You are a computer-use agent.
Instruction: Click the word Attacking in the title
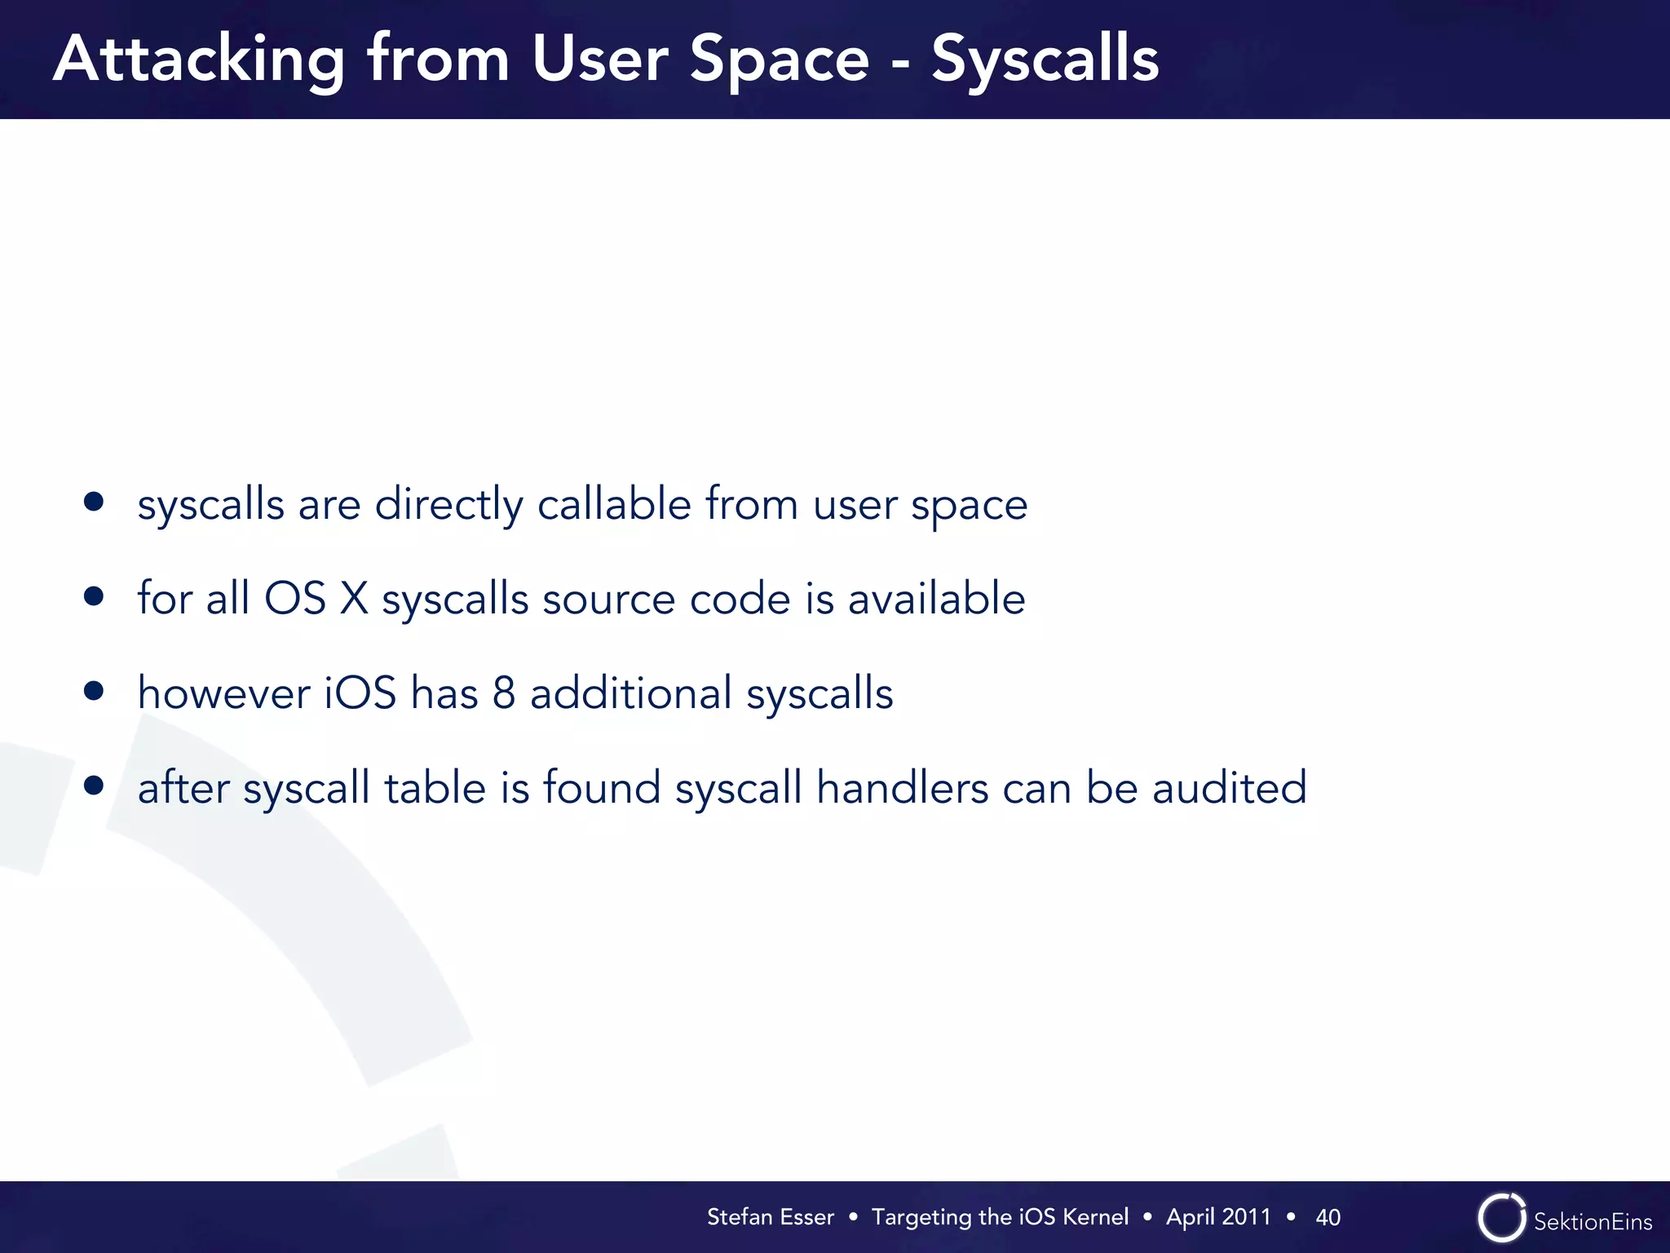tap(199, 60)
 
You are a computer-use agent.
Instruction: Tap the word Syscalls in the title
tap(1045, 60)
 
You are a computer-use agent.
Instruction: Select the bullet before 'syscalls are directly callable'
tap(94, 502)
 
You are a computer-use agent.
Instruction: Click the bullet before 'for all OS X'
tap(94, 596)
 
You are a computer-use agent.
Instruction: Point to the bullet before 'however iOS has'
tap(94, 691)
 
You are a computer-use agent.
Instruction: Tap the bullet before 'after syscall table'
tap(94, 786)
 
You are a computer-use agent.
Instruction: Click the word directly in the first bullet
tap(448, 504)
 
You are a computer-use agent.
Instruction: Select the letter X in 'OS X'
tap(354, 598)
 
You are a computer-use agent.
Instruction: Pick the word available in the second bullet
tap(936, 598)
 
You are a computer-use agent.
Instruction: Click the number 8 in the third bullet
tap(504, 693)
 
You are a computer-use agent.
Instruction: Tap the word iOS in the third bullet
tap(360, 693)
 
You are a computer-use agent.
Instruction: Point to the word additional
tap(631, 693)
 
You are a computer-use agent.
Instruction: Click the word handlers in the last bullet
tap(903, 787)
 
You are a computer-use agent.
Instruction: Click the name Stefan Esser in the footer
tap(770, 1217)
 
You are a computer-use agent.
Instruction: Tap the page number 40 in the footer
tap(1328, 1217)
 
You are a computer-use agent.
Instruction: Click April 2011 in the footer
tap(1218, 1217)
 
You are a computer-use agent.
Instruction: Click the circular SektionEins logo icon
tap(1501, 1218)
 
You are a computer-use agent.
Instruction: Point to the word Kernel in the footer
tap(1096, 1217)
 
